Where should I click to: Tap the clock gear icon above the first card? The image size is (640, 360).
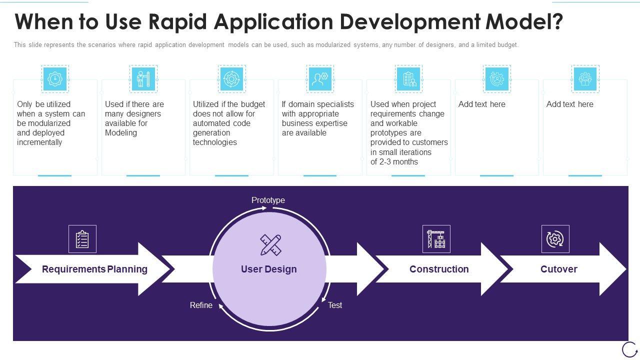tap(54, 79)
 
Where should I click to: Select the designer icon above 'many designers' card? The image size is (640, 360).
tap(143, 79)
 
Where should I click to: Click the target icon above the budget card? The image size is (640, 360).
tap(231, 79)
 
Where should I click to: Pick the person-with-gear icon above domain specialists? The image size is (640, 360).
tap(320, 79)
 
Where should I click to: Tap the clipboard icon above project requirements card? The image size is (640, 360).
tap(408, 79)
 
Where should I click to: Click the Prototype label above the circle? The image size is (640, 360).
tap(268, 200)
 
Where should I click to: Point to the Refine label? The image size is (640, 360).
tap(201, 305)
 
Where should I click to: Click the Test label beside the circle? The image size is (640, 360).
tap(335, 305)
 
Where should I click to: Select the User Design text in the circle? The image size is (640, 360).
tap(269, 269)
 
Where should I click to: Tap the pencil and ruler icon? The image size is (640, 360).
tap(270, 245)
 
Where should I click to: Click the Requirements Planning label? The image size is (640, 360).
tap(94, 269)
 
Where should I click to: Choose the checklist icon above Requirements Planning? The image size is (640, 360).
tap(82, 239)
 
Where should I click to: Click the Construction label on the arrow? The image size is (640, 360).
tap(439, 269)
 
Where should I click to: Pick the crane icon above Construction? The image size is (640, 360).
tap(436, 239)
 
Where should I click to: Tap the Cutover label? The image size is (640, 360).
tap(558, 269)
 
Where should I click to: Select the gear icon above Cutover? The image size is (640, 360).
tap(555, 239)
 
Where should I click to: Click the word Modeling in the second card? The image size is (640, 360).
tap(121, 133)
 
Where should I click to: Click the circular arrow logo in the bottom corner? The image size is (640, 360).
tap(629, 349)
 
